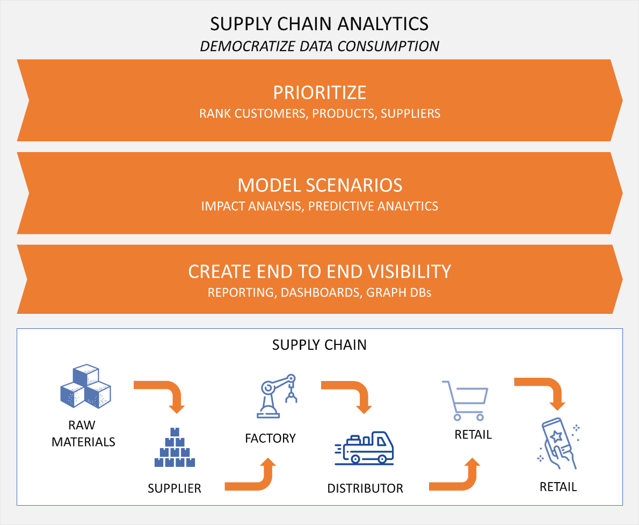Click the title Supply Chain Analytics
[x=319, y=24]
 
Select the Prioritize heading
[x=319, y=92]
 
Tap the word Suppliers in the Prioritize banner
[x=411, y=114]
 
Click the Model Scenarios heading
[x=319, y=185]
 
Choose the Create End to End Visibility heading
[x=319, y=271]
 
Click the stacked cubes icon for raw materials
[x=85, y=386]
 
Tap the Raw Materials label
[x=83, y=434]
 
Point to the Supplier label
[x=175, y=488]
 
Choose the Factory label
[x=270, y=438]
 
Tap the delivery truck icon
[x=365, y=447]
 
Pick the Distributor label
[x=365, y=488]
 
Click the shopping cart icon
[x=464, y=400]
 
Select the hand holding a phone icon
[x=558, y=443]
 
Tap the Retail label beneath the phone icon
[x=558, y=487]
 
